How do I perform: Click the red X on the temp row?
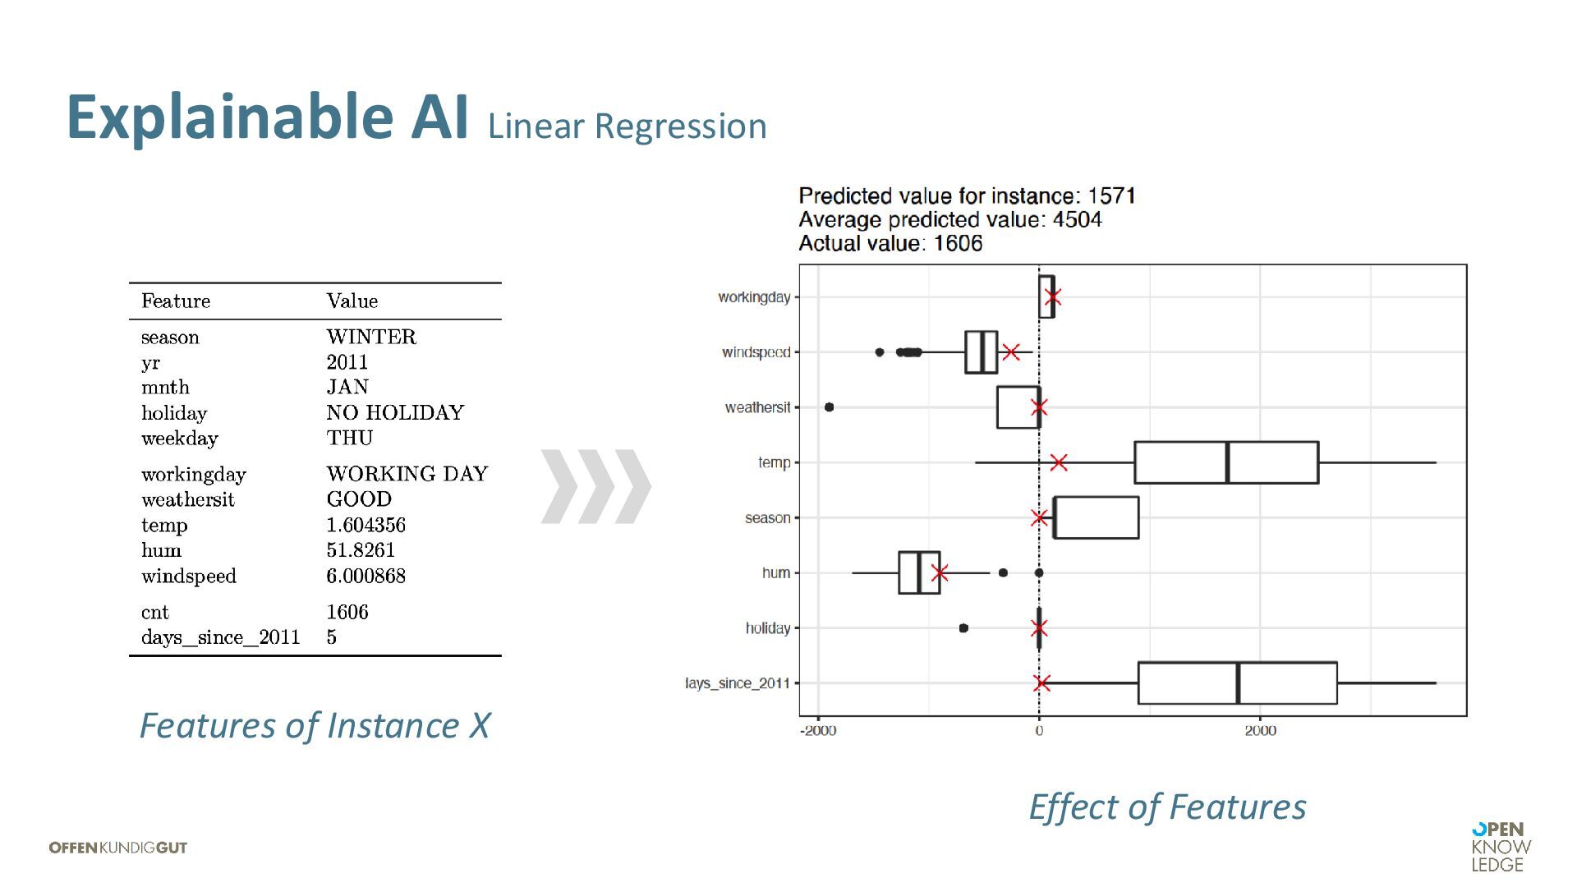pos(1059,462)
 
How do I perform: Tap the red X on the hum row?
pos(940,573)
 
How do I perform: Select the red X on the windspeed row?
pos(1011,352)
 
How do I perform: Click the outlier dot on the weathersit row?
pos(829,407)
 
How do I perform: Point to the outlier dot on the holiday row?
pos(963,628)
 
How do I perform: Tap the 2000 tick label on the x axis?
pos(1260,731)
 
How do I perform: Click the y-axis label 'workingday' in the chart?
pos(754,297)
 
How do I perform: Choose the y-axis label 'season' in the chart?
pos(767,518)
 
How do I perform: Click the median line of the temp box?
pos(1227,462)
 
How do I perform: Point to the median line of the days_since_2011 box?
pos(1238,683)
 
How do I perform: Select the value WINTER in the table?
pos(371,337)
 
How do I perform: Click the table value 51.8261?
pos(361,550)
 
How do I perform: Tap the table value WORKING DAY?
pos(407,474)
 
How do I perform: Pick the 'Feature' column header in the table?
pos(176,301)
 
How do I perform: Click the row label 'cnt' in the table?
pos(155,613)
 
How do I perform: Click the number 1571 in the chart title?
pos(1111,196)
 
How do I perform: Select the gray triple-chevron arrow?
pos(596,486)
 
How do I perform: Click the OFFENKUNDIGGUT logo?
pos(118,848)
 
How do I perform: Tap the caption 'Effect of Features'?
pos(1167,807)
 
